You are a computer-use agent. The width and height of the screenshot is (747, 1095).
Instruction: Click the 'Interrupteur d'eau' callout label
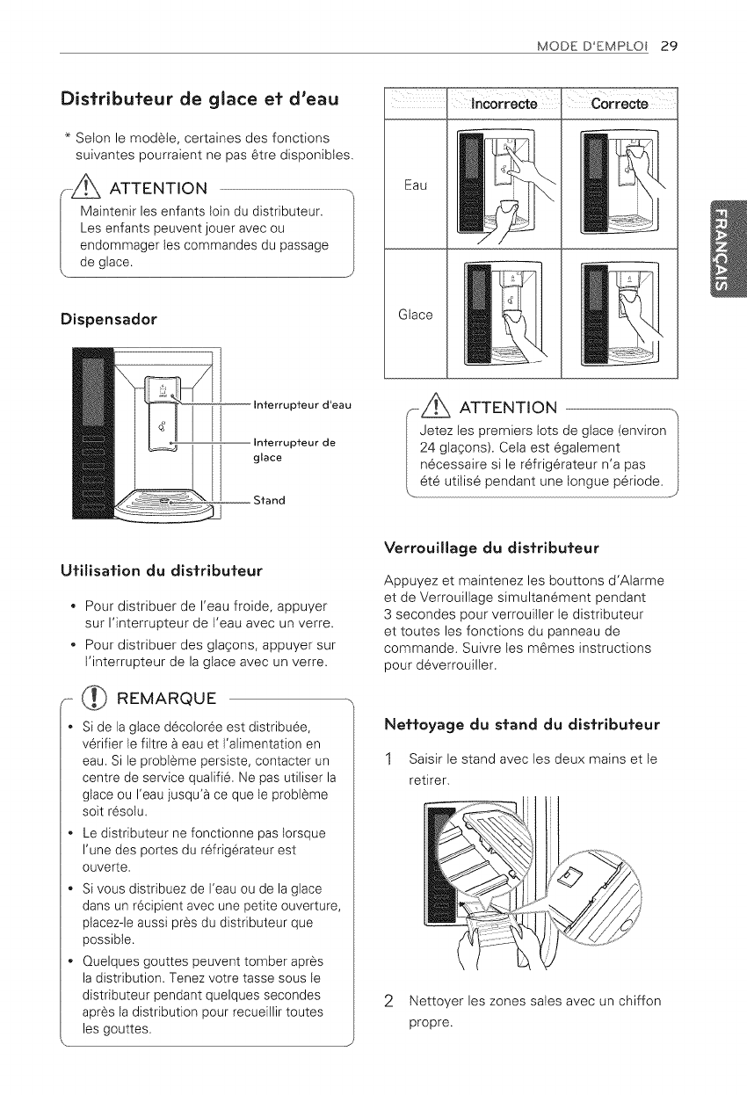301,404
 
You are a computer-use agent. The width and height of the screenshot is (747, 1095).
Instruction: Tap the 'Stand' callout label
268,501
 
